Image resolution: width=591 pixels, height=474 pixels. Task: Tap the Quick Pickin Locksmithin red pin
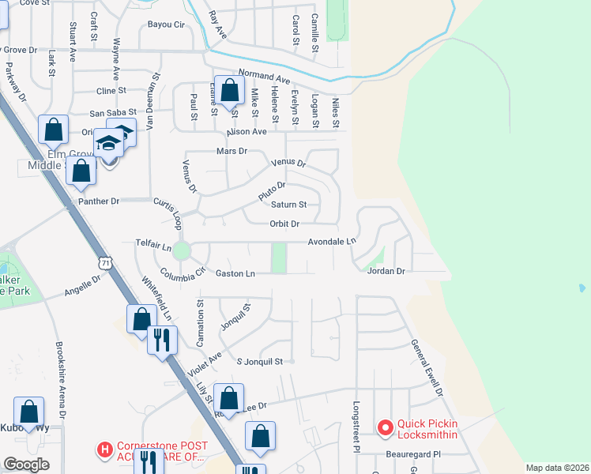(x=386, y=428)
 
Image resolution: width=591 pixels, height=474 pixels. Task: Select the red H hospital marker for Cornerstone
(x=104, y=450)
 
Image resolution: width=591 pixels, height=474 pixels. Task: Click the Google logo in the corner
(x=26, y=465)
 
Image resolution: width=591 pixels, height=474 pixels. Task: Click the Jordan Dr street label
(x=386, y=271)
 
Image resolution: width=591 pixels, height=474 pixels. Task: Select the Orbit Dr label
(x=284, y=224)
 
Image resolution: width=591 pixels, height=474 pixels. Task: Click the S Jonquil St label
(x=260, y=361)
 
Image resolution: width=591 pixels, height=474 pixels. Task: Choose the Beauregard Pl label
(x=412, y=454)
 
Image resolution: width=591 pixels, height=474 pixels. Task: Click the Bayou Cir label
(x=166, y=24)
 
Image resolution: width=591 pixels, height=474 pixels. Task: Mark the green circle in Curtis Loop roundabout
(x=182, y=251)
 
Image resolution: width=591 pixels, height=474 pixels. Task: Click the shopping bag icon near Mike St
(x=230, y=91)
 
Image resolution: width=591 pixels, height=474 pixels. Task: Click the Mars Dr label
(x=232, y=150)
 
